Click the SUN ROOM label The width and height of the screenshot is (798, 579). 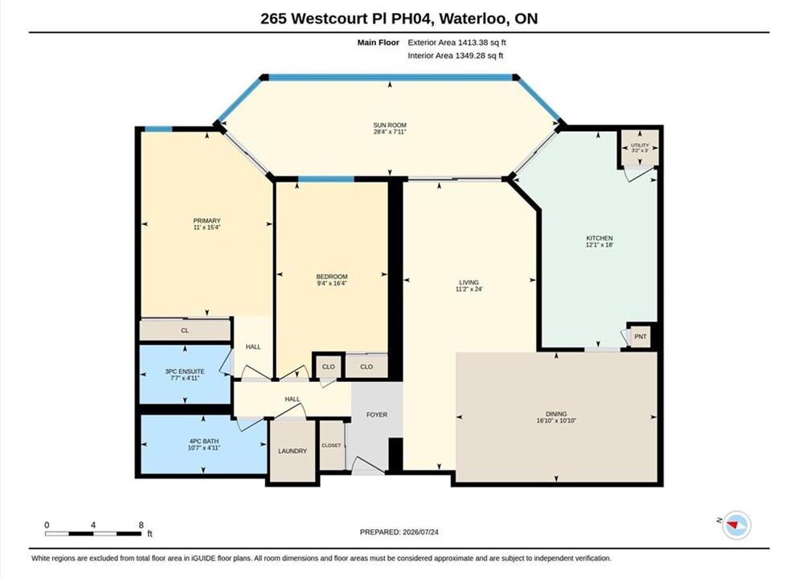click(390, 125)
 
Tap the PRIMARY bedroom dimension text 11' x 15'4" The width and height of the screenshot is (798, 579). click(207, 228)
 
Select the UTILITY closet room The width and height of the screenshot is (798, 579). click(639, 148)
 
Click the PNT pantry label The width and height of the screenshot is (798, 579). click(640, 337)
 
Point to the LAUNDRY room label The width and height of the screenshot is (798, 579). click(293, 451)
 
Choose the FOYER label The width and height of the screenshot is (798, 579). click(377, 415)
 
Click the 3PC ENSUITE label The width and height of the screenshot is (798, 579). click(185, 372)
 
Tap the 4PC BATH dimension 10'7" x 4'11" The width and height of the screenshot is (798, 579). click(203, 448)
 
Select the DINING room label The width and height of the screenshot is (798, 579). click(556, 414)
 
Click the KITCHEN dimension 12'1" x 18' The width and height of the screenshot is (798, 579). click(600, 245)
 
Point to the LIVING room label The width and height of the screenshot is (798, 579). click(469, 282)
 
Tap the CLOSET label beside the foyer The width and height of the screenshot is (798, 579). click(331, 446)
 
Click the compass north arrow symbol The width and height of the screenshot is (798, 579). click(733, 524)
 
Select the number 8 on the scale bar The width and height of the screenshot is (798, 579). click(141, 525)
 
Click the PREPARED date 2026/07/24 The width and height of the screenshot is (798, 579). click(420, 532)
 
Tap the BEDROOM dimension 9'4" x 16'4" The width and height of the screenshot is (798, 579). click(332, 284)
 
